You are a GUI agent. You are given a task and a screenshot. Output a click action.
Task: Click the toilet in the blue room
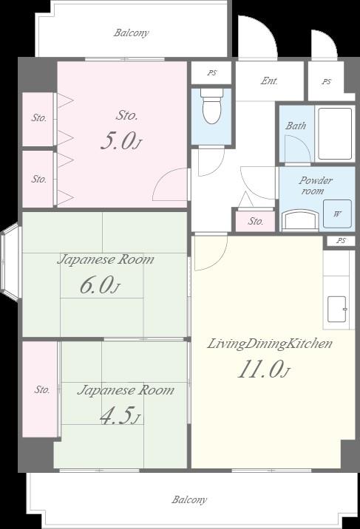point(211,106)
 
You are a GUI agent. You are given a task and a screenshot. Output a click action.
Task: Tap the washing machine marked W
point(337,214)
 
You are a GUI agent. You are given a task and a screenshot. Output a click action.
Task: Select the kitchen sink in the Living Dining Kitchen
point(337,309)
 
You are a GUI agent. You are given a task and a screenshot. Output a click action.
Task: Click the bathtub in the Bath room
point(335,134)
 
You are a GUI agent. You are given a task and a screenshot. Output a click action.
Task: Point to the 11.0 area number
point(263,369)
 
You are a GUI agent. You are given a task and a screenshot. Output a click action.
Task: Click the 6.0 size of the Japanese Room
point(100,285)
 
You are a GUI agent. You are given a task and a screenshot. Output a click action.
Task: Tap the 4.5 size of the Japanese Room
point(120,415)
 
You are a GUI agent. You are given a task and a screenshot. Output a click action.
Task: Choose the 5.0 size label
point(120,140)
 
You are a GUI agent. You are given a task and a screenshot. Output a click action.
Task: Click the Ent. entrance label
point(269,81)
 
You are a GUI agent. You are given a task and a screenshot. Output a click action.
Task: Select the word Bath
point(296,126)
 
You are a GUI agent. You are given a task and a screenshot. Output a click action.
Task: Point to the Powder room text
point(316,185)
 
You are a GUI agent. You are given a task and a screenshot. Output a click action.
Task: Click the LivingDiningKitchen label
point(270,344)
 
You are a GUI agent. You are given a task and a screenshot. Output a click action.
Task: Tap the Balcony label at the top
point(132,33)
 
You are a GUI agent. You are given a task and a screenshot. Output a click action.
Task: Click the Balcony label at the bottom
point(189,499)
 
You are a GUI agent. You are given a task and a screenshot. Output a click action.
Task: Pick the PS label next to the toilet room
point(212,72)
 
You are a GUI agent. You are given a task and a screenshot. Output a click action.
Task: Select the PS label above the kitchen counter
point(341,241)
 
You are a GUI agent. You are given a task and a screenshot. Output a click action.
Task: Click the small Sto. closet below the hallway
point(256,221)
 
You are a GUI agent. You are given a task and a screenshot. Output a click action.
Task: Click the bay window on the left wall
point(11,261)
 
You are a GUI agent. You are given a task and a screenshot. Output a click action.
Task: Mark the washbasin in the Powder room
point(299,220)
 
